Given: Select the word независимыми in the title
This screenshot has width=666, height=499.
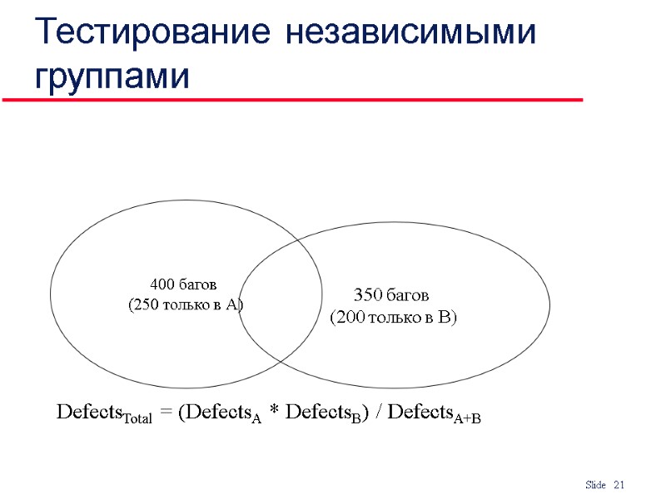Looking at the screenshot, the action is [x=408, y=33].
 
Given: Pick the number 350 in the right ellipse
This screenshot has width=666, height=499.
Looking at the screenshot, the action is [x=367, y=295].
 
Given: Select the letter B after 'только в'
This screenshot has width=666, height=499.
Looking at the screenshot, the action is [x=446, y=317].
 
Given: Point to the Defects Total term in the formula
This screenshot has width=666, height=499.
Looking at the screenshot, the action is [x=104, y=413].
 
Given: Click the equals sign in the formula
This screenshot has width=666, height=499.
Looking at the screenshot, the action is [x=166, y=413].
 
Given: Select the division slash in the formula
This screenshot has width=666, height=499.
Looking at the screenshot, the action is [x=380, y=413].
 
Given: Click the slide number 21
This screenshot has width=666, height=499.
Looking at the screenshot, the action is [x=619, y=485].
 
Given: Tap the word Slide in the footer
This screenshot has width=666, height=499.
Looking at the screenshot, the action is [x=595, y=485].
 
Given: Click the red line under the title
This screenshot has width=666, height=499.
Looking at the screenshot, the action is [x=291, y=100].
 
